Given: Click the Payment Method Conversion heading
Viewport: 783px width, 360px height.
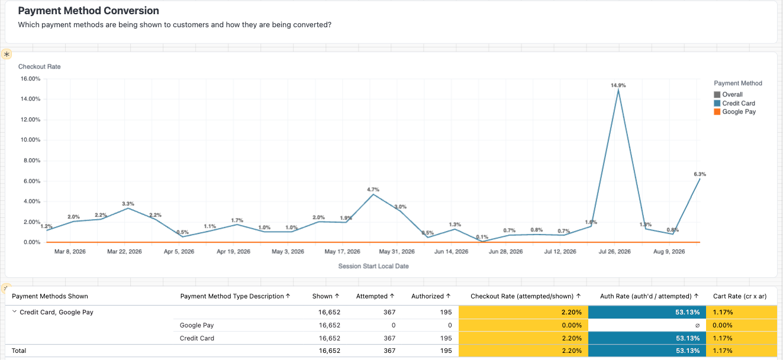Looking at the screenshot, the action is point(88,11).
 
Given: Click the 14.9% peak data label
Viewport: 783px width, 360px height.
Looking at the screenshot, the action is point(618,85).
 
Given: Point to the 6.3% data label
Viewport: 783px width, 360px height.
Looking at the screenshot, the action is point(700,174).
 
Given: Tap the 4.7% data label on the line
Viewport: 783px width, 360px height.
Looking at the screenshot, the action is point(373,189).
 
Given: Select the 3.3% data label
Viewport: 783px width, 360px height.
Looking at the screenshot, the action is point(128,203).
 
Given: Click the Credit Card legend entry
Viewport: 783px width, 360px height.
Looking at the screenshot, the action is point(734,103).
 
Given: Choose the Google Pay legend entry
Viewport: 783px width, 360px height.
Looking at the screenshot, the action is point(734,111).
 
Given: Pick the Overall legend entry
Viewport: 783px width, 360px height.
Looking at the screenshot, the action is point(728,95).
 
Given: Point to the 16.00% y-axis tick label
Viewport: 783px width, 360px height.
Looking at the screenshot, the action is point(30,79).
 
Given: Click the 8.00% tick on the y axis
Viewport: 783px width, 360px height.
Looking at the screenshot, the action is point(32,160).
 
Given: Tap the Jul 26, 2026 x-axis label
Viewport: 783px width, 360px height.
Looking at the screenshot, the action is point(614,252).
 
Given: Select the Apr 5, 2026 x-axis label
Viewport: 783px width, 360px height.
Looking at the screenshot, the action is point(179,252).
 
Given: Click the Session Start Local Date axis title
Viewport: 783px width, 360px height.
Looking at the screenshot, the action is point(373,266).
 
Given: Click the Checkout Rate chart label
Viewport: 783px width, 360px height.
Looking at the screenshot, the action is point(40,66).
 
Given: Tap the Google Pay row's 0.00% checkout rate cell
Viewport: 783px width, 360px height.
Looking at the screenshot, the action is point(572,325).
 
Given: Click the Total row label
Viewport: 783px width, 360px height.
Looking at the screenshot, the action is point(19,351).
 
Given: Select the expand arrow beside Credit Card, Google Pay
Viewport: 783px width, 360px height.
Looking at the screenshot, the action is point(14,311).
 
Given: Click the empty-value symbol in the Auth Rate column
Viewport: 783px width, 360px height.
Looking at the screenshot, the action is point(697,326).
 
